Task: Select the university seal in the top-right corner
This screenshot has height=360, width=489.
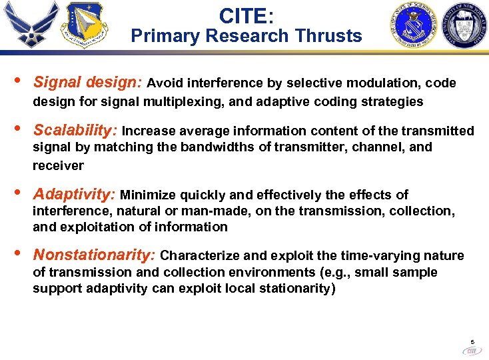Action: [x=463, y=25]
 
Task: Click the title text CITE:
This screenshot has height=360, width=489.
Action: [x=246, y=15]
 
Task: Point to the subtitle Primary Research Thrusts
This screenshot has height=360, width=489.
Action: [x=246, y=35]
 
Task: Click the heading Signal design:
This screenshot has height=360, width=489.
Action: [x=87, y=83]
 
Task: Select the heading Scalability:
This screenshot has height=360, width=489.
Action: [x=75, y=130]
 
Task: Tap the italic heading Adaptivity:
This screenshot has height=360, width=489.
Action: [x=75, y=195]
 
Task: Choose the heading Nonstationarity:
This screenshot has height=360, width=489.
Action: [x=95, y=255]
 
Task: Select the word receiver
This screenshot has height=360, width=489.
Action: [x=58, y=165]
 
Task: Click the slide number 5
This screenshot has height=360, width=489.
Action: [x=472, y=340]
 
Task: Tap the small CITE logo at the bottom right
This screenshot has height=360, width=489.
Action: [x=472, y=350]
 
